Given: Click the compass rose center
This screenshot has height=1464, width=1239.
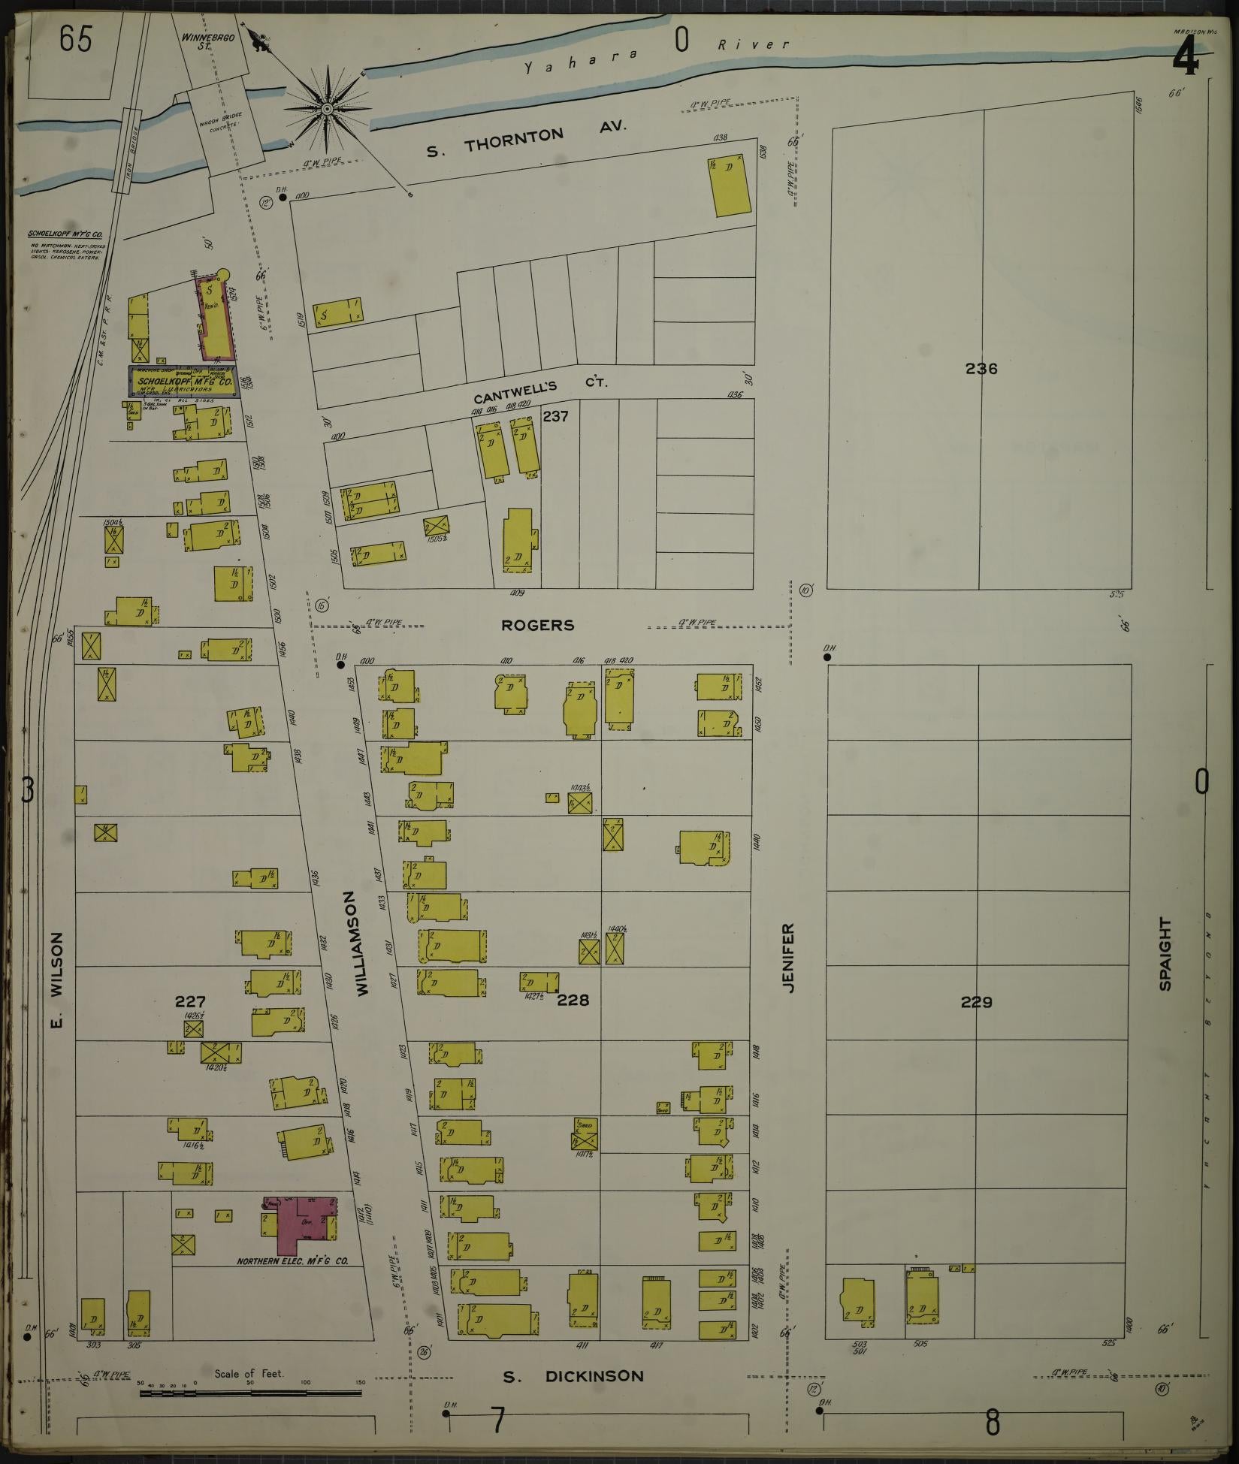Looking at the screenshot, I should click(328, 110).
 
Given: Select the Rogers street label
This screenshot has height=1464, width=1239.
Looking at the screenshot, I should click(538, 625).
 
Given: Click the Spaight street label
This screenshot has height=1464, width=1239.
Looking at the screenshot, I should click(1165, 953).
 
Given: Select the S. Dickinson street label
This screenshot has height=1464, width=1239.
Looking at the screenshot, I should click(573, 1377).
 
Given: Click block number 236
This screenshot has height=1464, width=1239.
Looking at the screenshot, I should click(981, 369).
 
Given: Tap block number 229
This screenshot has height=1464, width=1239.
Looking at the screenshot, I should click(976, 1001).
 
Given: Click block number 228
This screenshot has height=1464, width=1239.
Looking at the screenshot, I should click(573, 1000).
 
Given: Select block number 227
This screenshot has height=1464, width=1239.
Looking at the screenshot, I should click(190, 1001).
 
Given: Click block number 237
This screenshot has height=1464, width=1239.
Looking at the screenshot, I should click(555, 415).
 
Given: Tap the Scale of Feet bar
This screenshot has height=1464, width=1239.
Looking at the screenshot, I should click(249, 1393).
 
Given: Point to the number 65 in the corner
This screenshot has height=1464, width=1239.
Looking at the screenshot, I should click(77, 40).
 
